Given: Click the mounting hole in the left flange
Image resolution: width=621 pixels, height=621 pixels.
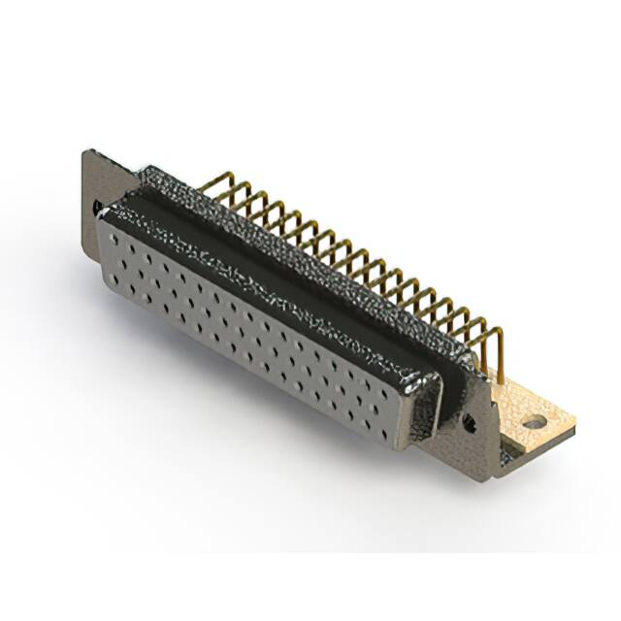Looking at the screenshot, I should [97, 207].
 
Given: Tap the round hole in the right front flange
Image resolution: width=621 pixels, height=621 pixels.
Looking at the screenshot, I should [469, 421].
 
